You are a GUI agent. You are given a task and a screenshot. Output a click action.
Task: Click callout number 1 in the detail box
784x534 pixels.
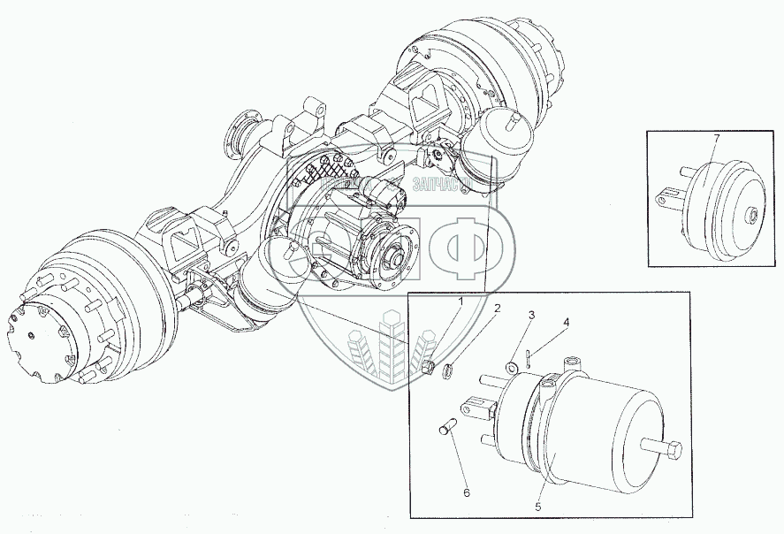[461, 301]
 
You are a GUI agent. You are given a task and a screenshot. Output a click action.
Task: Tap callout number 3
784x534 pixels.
[531, 316]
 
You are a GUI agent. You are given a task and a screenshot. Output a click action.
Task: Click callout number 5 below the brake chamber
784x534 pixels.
[537, 507]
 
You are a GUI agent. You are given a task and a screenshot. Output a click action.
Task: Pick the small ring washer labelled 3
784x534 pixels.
[512, 366]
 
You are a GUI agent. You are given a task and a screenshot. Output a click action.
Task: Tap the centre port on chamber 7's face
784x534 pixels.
[750, 214]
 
